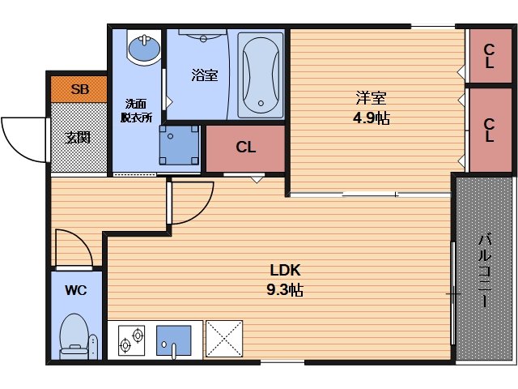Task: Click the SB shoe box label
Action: pyautogui.click(x=79, y=89)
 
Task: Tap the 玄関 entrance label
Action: pyautogui.click(x=78, y=138)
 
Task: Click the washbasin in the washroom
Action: pyautogui.click(x=144, y=48)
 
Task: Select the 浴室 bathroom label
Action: pyautogui.click(x=205, y=75)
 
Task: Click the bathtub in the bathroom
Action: pyautogui.click(x=261, y=75)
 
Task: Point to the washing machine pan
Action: pyautogui.click(x=179, y=145)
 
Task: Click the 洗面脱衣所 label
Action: pyautogui.click(x=136, y=110)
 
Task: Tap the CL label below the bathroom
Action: pyautogui.click(x=246, y=147)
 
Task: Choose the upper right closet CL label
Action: pyautogui.click(x=489, y=56)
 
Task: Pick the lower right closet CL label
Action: pyautogui.click(x=489, y=130)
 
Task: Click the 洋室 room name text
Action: pyautogui.click(x=371, y=97)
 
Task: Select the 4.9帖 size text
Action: pyautogui.click(x=371, y=118)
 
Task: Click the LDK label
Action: pyautogui.click(x=285, y=270)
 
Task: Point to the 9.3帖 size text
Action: pyautogui.click(x=285, y=290)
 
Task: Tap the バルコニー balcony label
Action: pyautogui.click(x=485, y=270)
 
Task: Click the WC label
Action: pyautogui.click(x=76, y=290)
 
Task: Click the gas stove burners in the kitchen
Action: pyautogui.click(x=131, y=340)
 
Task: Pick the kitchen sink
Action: pyautogui.click(x=174, y=340)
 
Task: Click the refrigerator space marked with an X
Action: pyautogui.click(x=224, y=339)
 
